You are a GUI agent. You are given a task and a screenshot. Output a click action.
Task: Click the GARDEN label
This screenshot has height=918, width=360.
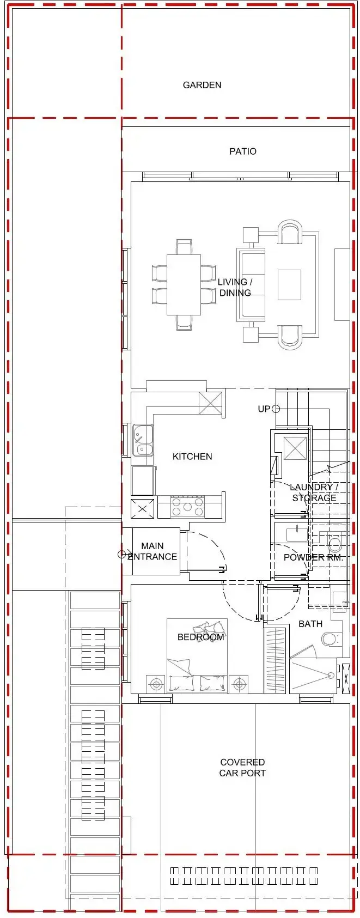coord(202,85)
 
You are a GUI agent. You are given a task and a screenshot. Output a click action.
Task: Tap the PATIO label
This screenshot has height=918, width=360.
coord(243,151)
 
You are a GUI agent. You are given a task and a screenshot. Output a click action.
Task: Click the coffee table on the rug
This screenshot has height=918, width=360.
coord(290,285)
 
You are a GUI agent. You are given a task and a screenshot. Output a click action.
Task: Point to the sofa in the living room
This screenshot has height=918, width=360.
coord(251,284)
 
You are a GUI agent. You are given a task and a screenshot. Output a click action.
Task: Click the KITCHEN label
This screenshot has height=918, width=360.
coord(192,457)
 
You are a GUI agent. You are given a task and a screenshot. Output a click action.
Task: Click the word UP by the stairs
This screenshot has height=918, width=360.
coord(264,409)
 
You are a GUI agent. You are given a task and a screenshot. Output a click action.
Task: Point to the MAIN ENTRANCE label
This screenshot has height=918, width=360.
coord(152,551)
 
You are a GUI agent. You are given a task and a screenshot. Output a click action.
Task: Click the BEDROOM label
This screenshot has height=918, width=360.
coord(200,637)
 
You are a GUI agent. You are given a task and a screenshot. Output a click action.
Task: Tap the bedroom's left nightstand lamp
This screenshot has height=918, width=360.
coord(156,684)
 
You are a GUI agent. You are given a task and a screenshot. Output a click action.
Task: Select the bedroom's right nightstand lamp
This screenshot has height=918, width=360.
coord(239,684)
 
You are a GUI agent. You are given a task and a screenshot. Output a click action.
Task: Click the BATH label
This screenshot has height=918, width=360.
coord(310,624)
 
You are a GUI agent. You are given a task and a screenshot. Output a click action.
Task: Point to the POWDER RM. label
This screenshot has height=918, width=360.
coord(313,557)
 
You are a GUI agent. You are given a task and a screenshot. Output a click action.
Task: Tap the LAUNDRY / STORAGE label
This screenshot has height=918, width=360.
coord(314,492)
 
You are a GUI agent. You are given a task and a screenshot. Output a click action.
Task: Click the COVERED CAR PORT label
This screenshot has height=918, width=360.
coord(242,768)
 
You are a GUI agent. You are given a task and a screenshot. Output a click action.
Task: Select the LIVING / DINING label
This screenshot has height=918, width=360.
coord(235,287)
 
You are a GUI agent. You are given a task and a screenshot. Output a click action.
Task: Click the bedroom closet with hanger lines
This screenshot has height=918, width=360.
coord(275,660)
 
